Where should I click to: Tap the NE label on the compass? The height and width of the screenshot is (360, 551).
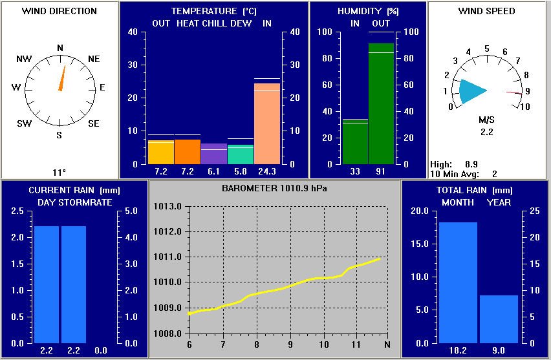click(x=94, y=59)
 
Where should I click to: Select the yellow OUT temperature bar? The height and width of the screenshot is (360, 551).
click(x=161, y=152)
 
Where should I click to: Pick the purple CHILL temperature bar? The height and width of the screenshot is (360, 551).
click(x=214, y=154)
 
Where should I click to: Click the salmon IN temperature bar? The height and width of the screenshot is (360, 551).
click(x=267, y=123)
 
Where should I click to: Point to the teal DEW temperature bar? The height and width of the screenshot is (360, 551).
click(x=241, y=154)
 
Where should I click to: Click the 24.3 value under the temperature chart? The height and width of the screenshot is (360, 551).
click(x=267, y=171)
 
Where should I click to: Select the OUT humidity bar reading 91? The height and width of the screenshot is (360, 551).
click(x=382, y=103)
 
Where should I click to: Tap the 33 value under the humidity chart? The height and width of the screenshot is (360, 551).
click(x=355, y=171)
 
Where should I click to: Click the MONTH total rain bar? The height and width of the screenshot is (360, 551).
click(x=458, y=282)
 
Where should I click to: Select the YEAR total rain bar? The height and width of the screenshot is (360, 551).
click(x=499, y=319)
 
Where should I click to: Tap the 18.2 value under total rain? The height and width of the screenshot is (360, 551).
click(x=458, y=350)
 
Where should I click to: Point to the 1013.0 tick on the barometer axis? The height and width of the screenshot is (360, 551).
click(x=167, y=207)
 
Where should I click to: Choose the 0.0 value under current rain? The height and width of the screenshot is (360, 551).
click(x=101, y=350)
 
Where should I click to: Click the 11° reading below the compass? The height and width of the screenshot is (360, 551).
click(x=59, y=172)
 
